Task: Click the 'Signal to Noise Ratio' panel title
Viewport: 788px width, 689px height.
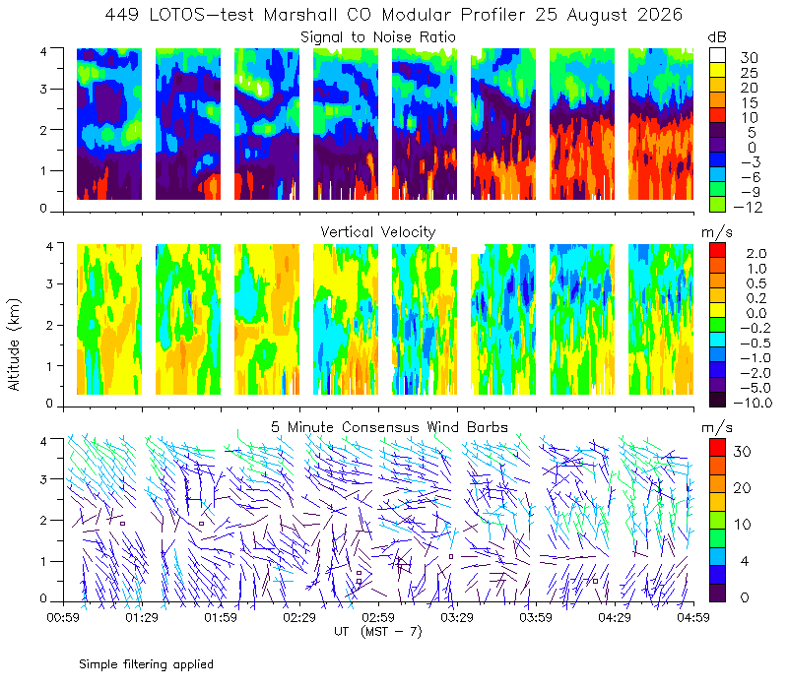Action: [378, 37]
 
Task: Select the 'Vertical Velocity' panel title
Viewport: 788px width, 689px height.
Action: [378, 232]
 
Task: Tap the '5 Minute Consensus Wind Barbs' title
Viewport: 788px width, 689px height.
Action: [389, 427]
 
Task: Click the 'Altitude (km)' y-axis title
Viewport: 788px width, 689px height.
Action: [14, 344]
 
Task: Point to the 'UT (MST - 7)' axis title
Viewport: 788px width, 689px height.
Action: [378, 632]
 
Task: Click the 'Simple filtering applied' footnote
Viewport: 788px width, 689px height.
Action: [146, 664]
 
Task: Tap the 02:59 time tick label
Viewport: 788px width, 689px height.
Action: [378, 617]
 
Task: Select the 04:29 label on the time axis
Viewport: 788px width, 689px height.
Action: [615, 617]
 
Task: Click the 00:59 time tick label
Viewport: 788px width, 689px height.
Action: [63, 617]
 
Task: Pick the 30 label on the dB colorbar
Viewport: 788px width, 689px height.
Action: [749, 58]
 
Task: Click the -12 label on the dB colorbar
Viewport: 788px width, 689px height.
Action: [748, 207]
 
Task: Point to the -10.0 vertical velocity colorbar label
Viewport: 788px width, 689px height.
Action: [753, 403]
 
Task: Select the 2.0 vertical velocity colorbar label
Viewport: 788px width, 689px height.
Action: [756, 254]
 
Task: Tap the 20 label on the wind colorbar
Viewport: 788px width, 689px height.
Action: [743, 487]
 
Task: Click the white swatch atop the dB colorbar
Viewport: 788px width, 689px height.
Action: [718, 55]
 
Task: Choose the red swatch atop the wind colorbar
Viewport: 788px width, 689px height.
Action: [718, 448]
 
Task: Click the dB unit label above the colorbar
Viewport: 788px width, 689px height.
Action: [717, 37]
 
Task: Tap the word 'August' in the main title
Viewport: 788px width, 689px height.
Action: [598, 15]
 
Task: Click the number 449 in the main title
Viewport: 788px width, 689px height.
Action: [121, 15]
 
